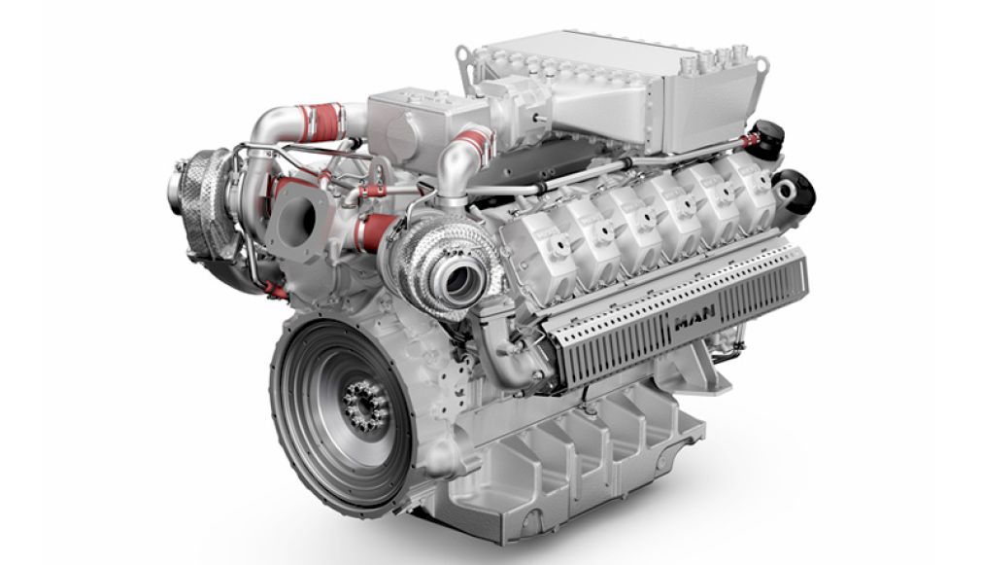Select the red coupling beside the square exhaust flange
(373, 232)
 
